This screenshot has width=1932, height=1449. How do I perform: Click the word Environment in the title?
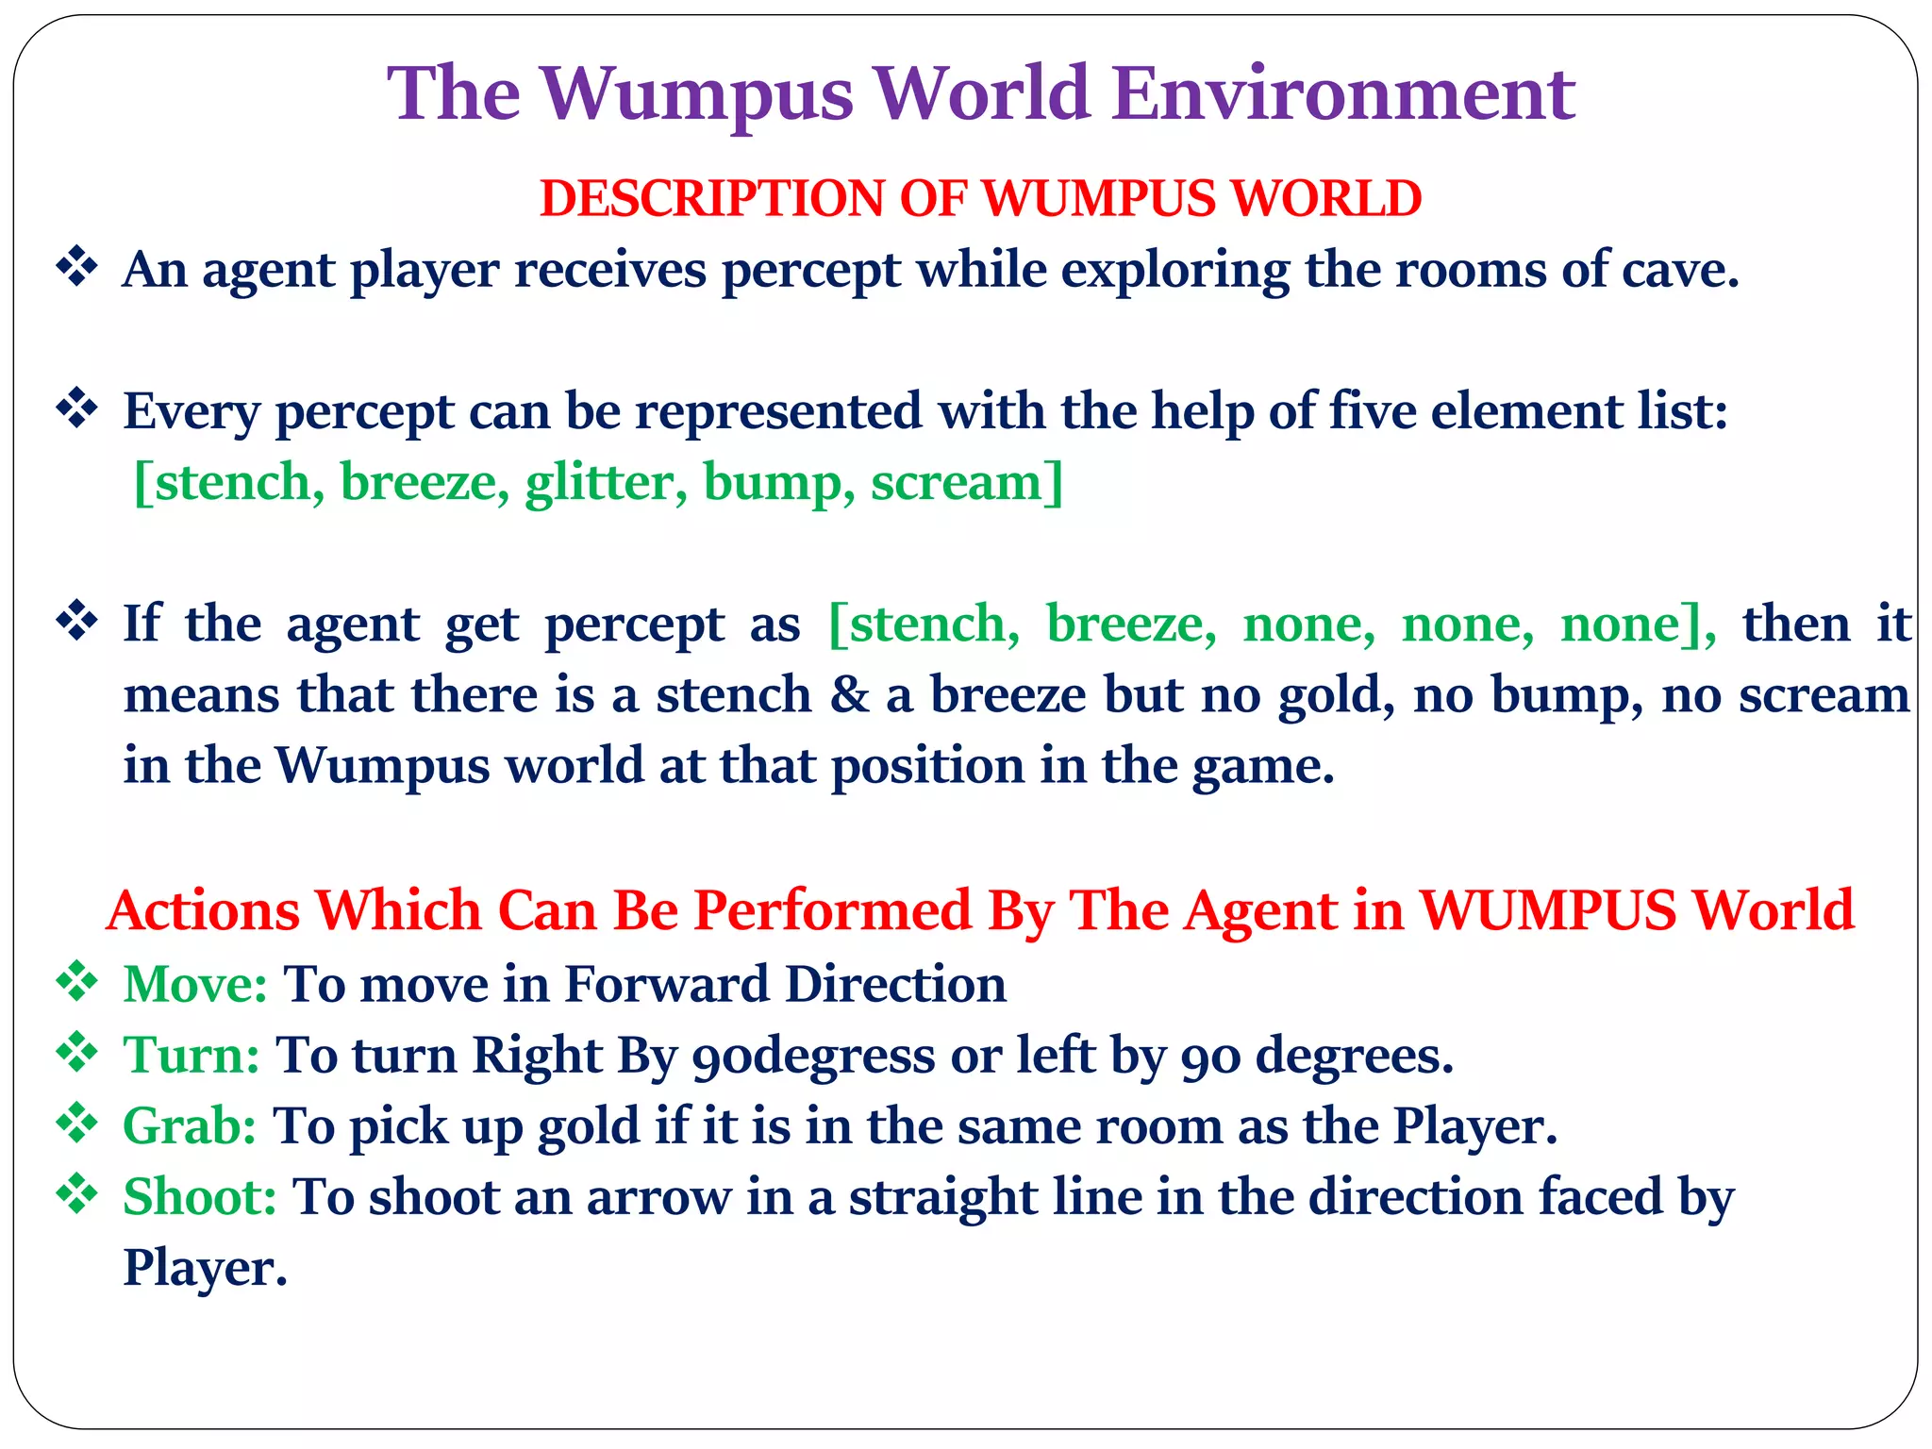(x=1343, y=94)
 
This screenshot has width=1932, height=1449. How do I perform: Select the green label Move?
(x=195, y=984)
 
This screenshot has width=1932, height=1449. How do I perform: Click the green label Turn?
(x=192, y=1055)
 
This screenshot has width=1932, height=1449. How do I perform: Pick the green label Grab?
(x=190, y=1125)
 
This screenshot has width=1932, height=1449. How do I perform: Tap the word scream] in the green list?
(x=967, y=482)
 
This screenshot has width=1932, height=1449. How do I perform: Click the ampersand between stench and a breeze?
(x=850, y=695)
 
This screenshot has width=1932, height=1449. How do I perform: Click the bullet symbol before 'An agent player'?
(x=77, y=268)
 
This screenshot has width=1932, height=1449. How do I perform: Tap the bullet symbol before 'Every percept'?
(x=77, y=409)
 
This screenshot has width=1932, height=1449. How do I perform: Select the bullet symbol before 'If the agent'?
(x=77, y=622)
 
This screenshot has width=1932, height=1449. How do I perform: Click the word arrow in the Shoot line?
(x=658, y=1197)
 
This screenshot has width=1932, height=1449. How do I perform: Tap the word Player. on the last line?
(x=205, y=1268)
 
